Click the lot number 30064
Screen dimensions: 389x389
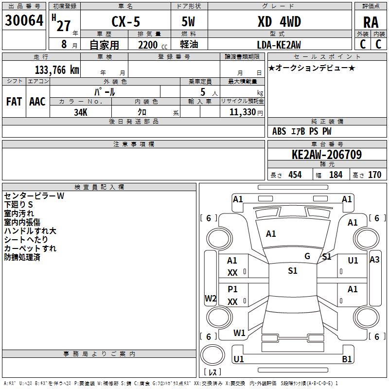24,20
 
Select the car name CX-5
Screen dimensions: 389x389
126,21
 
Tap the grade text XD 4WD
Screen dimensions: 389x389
279,21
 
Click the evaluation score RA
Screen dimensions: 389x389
371,22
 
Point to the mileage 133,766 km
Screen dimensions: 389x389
57,70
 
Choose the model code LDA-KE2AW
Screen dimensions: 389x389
279,45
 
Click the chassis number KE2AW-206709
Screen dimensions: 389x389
327,155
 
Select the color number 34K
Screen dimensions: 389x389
81,112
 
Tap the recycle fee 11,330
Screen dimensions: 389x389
243,112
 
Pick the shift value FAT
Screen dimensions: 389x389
14,102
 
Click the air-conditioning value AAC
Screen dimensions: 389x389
37,102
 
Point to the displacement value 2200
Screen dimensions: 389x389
148,45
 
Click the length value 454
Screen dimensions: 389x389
295,175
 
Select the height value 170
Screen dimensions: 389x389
374,175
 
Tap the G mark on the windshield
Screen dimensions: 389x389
307,256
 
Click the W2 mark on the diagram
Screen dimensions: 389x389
211,298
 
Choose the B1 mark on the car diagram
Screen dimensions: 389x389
347,359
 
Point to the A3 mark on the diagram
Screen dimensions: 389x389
374,260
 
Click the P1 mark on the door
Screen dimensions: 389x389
232,289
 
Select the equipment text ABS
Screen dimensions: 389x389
279,131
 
